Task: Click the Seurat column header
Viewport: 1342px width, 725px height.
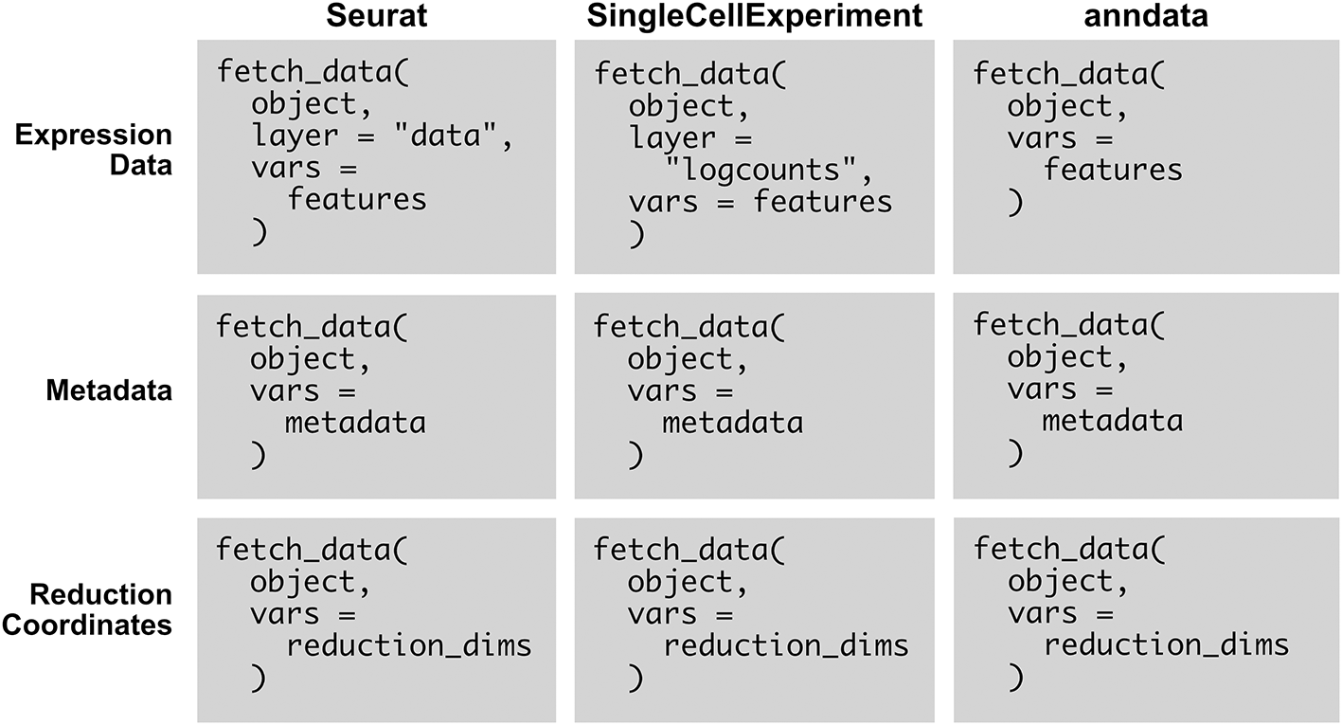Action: click(376, 15)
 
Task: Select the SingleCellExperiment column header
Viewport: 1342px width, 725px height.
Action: click(754, 16)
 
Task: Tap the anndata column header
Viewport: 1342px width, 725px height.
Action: click(1146, 15)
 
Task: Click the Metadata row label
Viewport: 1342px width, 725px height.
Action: click(109, 390)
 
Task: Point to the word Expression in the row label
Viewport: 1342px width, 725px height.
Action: click(94, 136)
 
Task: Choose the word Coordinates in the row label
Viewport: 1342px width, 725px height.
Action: click(87, 625)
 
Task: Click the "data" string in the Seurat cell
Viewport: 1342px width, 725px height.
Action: click(446, 135)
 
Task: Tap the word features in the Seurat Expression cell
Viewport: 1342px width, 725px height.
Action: click(357, 199)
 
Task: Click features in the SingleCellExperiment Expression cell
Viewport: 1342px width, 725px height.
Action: click(823, 202)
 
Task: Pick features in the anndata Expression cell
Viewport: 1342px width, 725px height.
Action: click(1113, 170)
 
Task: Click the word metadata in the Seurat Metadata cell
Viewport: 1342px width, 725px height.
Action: click(355, 424)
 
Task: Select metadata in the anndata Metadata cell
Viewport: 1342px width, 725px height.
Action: click(1113, 421)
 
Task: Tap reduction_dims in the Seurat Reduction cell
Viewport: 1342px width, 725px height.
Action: click(409, 646)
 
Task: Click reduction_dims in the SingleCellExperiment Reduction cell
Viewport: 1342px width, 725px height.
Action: click(786, 646)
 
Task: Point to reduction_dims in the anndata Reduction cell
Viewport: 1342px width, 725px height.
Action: click(1167, 645)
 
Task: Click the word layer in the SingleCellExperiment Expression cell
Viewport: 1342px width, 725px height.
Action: click(672, 138)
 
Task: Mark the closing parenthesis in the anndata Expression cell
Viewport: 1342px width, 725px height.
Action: click(1015, 203)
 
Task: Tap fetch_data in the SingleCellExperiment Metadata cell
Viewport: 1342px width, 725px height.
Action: click(681, 328)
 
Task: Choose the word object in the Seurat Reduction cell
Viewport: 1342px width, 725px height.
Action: click(302, 582)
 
